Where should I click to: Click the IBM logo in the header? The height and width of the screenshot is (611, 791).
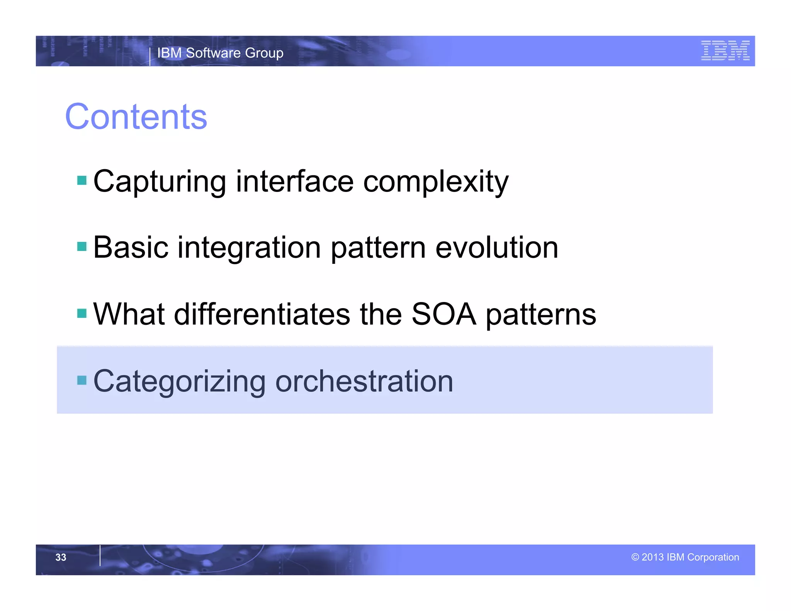pyautogui.click(x=725, y=51)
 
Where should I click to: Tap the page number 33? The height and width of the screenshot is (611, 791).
pyautogui.click(x=61, y=557)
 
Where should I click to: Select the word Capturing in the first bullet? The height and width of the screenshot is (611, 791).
pyautogui.click(x=160, y=181)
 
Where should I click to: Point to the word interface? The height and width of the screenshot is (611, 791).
pyautogui.click(x=294, y=181)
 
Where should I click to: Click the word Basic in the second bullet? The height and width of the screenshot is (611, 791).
pyautogui.click(x=131, y=248)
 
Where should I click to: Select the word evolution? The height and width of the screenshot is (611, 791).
pyautogui.click(x=497, y=248)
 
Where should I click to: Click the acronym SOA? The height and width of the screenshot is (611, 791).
pyautogui.click(x=443, y=314)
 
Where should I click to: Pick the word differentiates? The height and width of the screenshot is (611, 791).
pyautogui.click(x=262, y=314)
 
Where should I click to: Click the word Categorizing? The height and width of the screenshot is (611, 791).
pyautogui.click(x=179, y=381)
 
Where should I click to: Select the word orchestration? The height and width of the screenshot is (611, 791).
pyautogui.click(x=364, y=381)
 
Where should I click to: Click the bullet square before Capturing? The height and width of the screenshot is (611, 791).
pyautogui.click(x=82, y=180)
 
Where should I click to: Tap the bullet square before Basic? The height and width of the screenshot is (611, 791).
pyautogui.click(x=82, y=246)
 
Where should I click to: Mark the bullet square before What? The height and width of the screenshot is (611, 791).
pyautogui.click(x=82, y=313)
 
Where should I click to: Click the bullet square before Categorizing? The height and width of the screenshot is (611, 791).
pyautogui.click(x=82, y=380)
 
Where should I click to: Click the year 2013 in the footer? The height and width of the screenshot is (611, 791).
pyautogui.click(x=652, y=557)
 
